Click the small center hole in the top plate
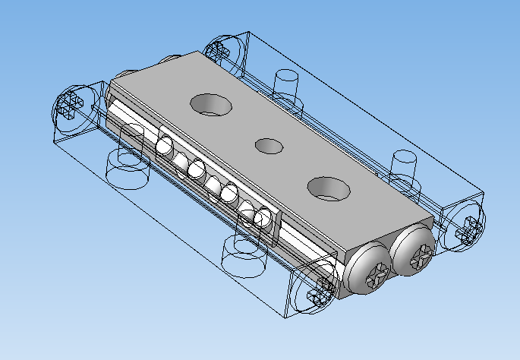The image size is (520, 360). click(x=268, y=145)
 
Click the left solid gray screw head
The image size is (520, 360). click(x=368, y=270)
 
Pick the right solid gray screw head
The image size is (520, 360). click(x=414, y=251)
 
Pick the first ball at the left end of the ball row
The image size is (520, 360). click(x=165, y=146)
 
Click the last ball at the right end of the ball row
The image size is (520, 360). click(x=263, y=219)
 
